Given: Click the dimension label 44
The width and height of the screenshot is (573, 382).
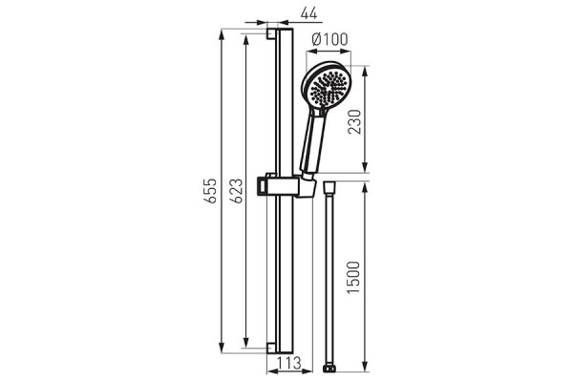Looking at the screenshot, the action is [x=308, y=13].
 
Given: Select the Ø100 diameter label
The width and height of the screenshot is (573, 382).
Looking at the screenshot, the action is [x=330, y=39].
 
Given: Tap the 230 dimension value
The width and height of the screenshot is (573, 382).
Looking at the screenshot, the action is [x=354, y=121].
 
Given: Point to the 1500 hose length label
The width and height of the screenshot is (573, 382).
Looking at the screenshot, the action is [x=353, y=277].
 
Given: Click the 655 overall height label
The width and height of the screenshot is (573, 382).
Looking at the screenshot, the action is [x=210, y=190].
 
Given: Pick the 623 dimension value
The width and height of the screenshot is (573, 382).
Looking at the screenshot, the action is [x=236, y=190].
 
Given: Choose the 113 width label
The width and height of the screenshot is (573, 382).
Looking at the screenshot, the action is [x=288, y=363].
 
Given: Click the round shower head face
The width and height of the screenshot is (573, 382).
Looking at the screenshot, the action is [x=327, y=87].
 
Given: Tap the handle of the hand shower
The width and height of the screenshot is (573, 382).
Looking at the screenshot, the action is [x=312, y=144].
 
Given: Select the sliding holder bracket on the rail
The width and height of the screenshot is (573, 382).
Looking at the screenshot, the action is [x=285, y=185].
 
